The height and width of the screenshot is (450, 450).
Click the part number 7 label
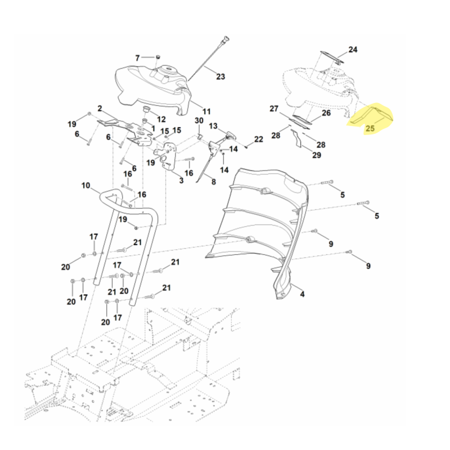[137, 58]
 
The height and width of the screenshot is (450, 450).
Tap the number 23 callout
[220, 76]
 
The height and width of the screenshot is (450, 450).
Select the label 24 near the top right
[352, 50]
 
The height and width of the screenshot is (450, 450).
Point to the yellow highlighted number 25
[370, 129]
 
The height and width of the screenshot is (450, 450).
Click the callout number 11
[206, 111]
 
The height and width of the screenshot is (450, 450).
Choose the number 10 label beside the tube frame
[85, 185]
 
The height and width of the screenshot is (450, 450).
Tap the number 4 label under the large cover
[302, 294]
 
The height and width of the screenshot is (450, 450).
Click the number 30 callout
[199, 121]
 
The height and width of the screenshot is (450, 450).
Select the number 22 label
[258, 139]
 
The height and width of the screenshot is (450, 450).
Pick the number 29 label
[317, 155]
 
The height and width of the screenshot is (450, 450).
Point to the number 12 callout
[161, 119]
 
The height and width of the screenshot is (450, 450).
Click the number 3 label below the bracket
[181, 180]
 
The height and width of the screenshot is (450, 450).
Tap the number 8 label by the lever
[213, 182]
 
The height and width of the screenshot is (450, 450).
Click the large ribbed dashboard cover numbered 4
[259, 219]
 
